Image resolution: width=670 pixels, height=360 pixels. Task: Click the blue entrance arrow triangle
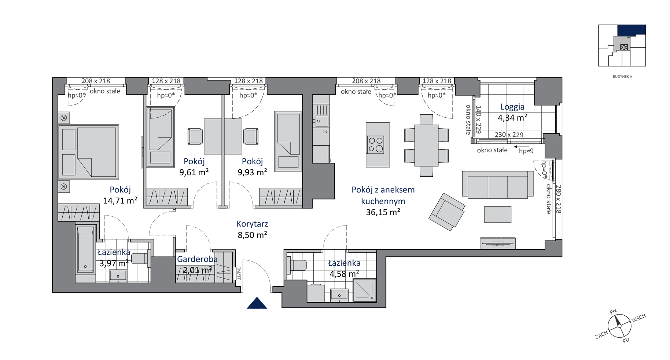(257, 303)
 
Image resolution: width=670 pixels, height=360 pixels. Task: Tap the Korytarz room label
(252, 224)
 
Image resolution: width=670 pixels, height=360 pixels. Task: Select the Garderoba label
(197, 259)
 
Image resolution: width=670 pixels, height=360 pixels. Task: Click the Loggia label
(512, 107)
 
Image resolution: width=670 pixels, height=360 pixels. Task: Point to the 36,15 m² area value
(383, 212)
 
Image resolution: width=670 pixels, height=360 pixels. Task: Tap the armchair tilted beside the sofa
(447, 212)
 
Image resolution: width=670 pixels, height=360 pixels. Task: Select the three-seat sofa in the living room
(497, 184)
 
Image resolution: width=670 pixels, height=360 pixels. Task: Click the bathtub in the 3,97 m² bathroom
(85, 250)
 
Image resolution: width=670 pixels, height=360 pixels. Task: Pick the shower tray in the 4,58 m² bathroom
(364, 290)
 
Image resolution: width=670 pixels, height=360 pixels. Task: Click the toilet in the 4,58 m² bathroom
(297, 265)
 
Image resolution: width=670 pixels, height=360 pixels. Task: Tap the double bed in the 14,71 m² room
(88, 152)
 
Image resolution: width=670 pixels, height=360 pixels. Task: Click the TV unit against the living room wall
(498, 243)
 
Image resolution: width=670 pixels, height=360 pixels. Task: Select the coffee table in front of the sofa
(498, 214)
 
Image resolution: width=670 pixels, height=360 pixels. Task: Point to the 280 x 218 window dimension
(558, 199)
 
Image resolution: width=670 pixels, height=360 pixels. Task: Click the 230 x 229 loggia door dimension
(509, 135)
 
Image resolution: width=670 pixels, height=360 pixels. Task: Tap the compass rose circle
(619, 326)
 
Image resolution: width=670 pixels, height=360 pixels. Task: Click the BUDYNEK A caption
(622, 77)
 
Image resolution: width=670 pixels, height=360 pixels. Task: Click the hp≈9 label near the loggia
(526, 151)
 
